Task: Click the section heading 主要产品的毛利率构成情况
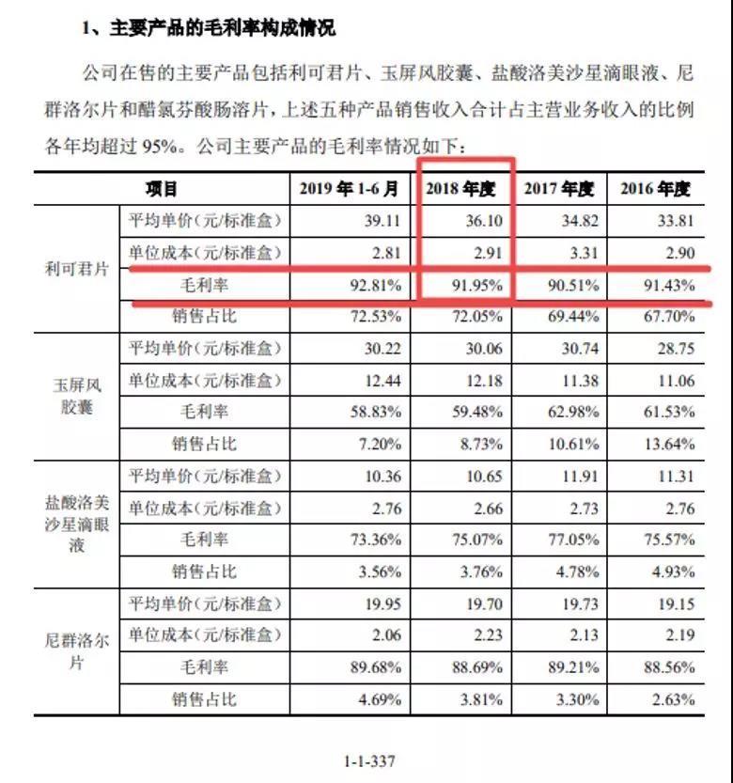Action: [209, 29]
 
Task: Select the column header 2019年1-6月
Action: [350, 189]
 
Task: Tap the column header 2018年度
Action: [460, 189]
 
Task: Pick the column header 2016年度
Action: [655, 189]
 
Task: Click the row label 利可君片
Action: [78, 268]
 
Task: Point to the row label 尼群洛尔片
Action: [78, 650]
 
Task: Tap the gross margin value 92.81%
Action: [375, 285]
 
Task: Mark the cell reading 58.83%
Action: [375, 412]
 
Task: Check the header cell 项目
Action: [162, 189]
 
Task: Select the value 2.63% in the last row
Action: [673, 699]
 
